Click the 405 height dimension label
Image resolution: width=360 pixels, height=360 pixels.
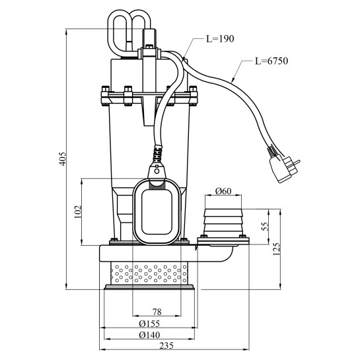point(63,159)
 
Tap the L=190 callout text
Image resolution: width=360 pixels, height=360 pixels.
point(220,39)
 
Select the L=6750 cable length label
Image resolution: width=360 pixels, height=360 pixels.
point(271,61)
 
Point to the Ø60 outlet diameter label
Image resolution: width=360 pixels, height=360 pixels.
point(223,191)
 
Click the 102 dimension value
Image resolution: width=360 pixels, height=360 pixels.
point(78,211)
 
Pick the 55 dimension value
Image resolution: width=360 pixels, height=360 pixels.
point(265,226)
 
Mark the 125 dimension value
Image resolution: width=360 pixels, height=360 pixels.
point(276,249)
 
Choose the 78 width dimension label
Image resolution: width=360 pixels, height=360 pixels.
point(157,312)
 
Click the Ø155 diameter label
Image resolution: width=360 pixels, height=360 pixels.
point(149,324)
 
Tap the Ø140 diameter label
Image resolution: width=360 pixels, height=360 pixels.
point(149,335)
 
